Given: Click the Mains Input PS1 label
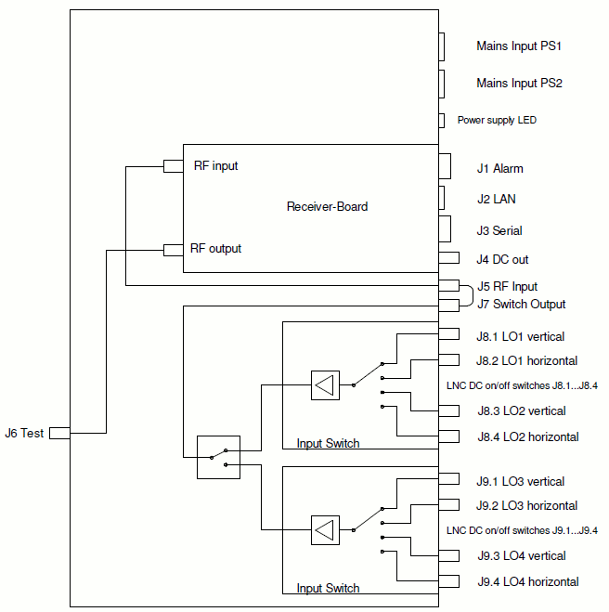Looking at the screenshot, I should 519,46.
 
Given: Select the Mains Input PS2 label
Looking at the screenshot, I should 519,83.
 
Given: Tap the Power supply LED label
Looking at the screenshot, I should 497,120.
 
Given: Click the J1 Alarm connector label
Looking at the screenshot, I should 499,169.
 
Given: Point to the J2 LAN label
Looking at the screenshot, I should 496,199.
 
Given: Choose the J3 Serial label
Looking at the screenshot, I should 499,231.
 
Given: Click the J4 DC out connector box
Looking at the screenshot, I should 448,258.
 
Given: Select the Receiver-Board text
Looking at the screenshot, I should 327,206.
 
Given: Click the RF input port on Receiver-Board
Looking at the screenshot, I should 173,166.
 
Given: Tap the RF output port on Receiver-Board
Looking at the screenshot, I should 173,249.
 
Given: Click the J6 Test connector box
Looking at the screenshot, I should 59,433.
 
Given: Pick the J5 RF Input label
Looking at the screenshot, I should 507,286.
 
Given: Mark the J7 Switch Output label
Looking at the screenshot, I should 521,304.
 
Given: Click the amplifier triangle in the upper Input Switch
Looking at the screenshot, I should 325,384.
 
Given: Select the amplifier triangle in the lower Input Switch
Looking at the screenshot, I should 325,529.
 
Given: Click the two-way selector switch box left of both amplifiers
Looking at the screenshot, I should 218,457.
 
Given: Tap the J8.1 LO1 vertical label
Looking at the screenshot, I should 520,336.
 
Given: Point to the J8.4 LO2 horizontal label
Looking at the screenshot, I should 527,436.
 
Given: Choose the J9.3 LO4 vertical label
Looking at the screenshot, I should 520,555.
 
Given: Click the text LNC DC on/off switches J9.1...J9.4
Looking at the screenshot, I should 521,530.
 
